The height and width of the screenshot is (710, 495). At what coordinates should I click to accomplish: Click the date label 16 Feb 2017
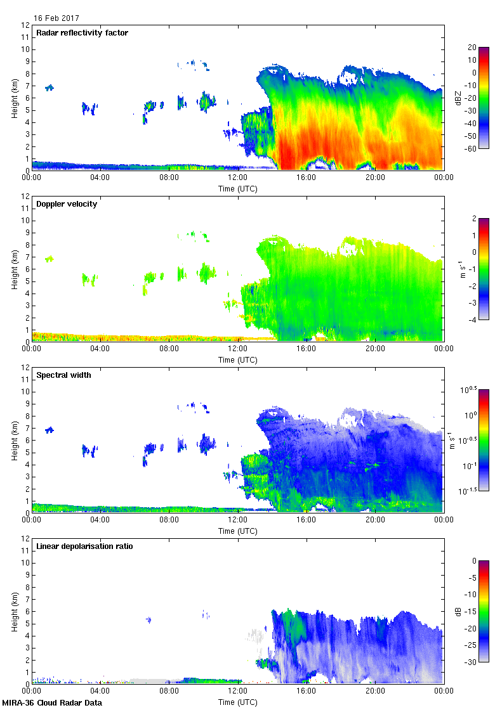56,18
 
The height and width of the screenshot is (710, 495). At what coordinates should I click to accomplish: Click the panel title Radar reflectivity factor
82,33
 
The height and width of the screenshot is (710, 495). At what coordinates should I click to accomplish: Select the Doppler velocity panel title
67,204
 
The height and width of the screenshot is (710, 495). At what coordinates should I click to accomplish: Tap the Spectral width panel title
63,375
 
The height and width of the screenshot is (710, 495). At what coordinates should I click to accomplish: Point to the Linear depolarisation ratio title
84,546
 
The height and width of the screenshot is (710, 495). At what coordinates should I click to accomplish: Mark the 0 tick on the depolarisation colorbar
473,561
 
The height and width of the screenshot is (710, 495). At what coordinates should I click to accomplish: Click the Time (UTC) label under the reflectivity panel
237,189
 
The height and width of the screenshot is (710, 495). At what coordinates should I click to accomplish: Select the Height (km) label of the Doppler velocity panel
14,269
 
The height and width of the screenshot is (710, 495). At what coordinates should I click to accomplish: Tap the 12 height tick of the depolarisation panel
25,538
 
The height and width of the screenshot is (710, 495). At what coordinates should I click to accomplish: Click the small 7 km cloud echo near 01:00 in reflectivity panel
49,87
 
